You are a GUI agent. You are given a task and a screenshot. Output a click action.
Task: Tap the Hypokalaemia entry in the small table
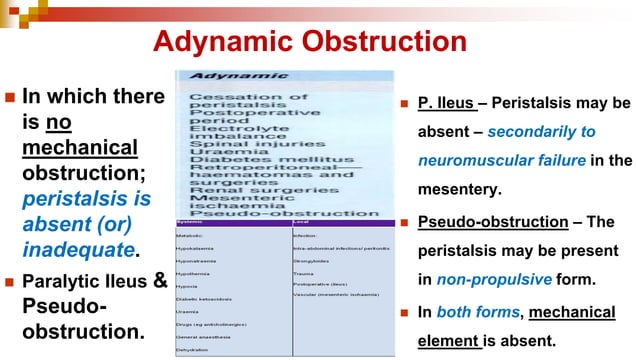[x=196, y=246]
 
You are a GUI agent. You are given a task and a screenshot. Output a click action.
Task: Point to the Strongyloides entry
[x=311, y=260]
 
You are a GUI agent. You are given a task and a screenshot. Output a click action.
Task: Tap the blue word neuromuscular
[x=468, y=160]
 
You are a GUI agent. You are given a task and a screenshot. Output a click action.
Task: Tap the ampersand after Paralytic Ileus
[x=157, y=279]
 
